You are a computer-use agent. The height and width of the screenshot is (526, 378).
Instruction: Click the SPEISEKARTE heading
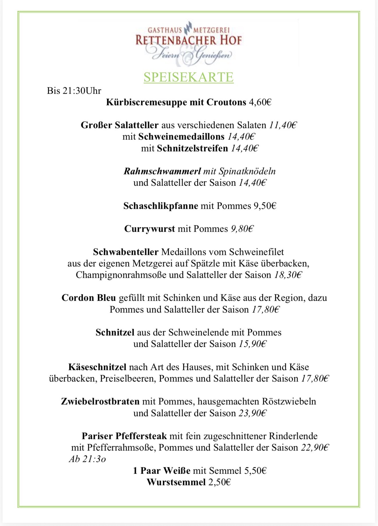coord(188,77)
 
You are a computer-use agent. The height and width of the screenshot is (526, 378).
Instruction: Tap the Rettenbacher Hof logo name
coord(189,40)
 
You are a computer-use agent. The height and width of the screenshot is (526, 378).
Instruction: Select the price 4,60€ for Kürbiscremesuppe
coord(260,102)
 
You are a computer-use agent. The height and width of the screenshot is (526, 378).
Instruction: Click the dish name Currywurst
coord(149,229)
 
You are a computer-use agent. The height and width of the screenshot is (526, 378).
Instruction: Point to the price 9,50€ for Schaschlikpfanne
coord(265,206)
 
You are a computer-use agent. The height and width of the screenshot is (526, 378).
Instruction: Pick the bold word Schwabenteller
coord(125,252)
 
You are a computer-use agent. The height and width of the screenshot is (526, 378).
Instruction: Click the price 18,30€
coord(288,275)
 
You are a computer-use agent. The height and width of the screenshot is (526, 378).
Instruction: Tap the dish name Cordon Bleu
coord(88,298)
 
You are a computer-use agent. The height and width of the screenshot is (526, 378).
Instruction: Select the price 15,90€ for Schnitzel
coord(253,344)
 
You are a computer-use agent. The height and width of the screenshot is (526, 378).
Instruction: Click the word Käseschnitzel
coord(97,367)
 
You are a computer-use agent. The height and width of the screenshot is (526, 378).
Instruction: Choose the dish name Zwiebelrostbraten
coord(100,401)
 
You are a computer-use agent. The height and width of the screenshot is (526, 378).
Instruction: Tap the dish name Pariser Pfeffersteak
coord(124,436)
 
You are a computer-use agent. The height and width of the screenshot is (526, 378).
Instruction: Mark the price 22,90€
coord(315,448)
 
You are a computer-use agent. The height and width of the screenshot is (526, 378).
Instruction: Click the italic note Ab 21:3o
coord(87,459)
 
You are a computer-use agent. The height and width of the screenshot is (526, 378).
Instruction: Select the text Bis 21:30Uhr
coord(74,91)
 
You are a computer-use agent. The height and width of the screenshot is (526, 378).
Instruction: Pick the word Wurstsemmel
coord(176,482)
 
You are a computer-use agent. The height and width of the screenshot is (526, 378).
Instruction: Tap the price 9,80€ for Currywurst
coord(242,229)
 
